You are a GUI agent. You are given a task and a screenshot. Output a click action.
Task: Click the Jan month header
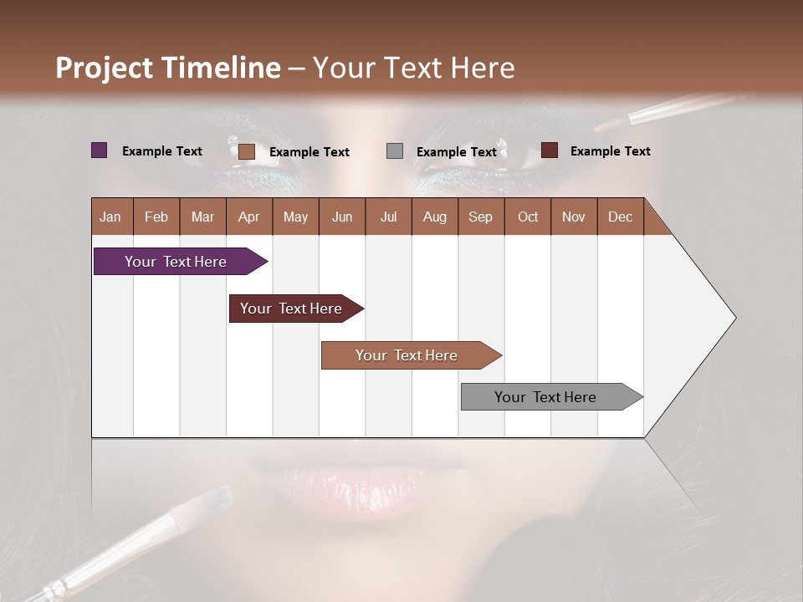pyautogui.click(x=111, y=217)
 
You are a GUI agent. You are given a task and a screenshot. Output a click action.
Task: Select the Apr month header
pyautogui.click(x=249, y=217)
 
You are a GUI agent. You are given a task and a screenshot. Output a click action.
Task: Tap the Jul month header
pyautogui.click(x=388, y=217)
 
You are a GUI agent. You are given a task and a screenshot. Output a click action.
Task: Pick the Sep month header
pyautogui.click(x=481, y=217)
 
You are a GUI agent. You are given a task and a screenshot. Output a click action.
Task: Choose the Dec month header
pyautogui.click(x=620, y=217)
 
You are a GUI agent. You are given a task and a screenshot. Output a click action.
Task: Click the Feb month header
pyautogui.click(x=156, y=217)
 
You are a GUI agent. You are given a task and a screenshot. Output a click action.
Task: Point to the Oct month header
pyautogui.click(x=528, y=217)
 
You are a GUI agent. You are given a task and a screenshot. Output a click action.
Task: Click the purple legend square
pyautogui.click(x=99, y=150)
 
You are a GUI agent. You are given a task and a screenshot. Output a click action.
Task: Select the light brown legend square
pyautogui.click(x=246, y=151)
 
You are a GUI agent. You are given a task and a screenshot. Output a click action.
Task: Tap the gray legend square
pyautogui.click(x=395, y=151)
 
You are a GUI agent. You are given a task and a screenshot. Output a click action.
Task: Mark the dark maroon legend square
pyautogui.click(x=549, y=150)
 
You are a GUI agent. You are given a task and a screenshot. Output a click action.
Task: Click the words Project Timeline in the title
pyautogui.click(x=168, y=68)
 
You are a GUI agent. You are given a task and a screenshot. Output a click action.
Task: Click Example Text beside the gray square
pyautogui.click(x=457, y=152)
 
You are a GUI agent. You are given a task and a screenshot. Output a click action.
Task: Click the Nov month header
pyautogui.click(x=574, y=217)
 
